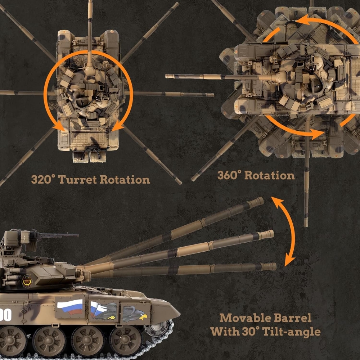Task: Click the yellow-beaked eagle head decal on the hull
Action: coord(135,314)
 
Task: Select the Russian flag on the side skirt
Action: coord(70,307)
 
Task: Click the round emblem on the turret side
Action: coord(27,281)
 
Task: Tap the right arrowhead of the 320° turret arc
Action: coord(118,126)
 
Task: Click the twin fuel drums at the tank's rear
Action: coord(89,157)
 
